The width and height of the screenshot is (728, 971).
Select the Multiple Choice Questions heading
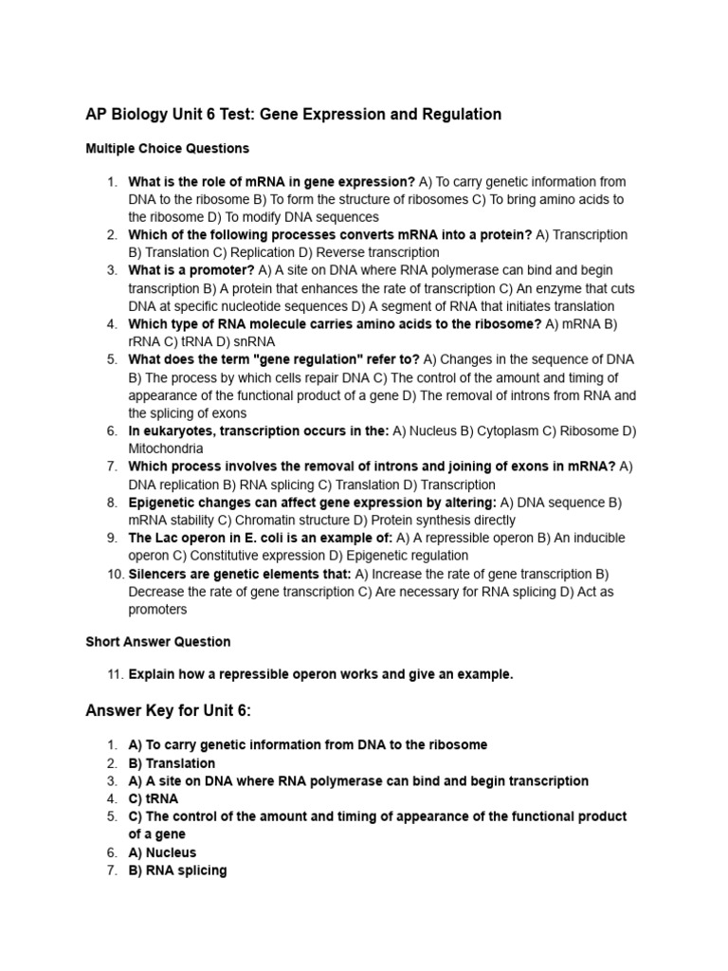tap(167, 149)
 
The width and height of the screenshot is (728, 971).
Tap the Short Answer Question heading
tap(157, 642)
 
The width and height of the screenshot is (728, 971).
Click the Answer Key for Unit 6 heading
tap(170, 710)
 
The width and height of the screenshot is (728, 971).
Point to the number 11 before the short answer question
tap(114, 674)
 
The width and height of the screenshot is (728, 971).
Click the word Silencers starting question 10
tap(158, 574)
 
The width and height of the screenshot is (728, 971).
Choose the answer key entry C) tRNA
tap(154, 798)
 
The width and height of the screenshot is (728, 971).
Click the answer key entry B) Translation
tap(172, 763)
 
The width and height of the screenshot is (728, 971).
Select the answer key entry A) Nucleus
tap(162, 852)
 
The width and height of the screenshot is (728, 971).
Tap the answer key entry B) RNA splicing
tap(177, 870)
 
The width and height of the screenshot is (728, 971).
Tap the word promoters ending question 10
tap(158, 610)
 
